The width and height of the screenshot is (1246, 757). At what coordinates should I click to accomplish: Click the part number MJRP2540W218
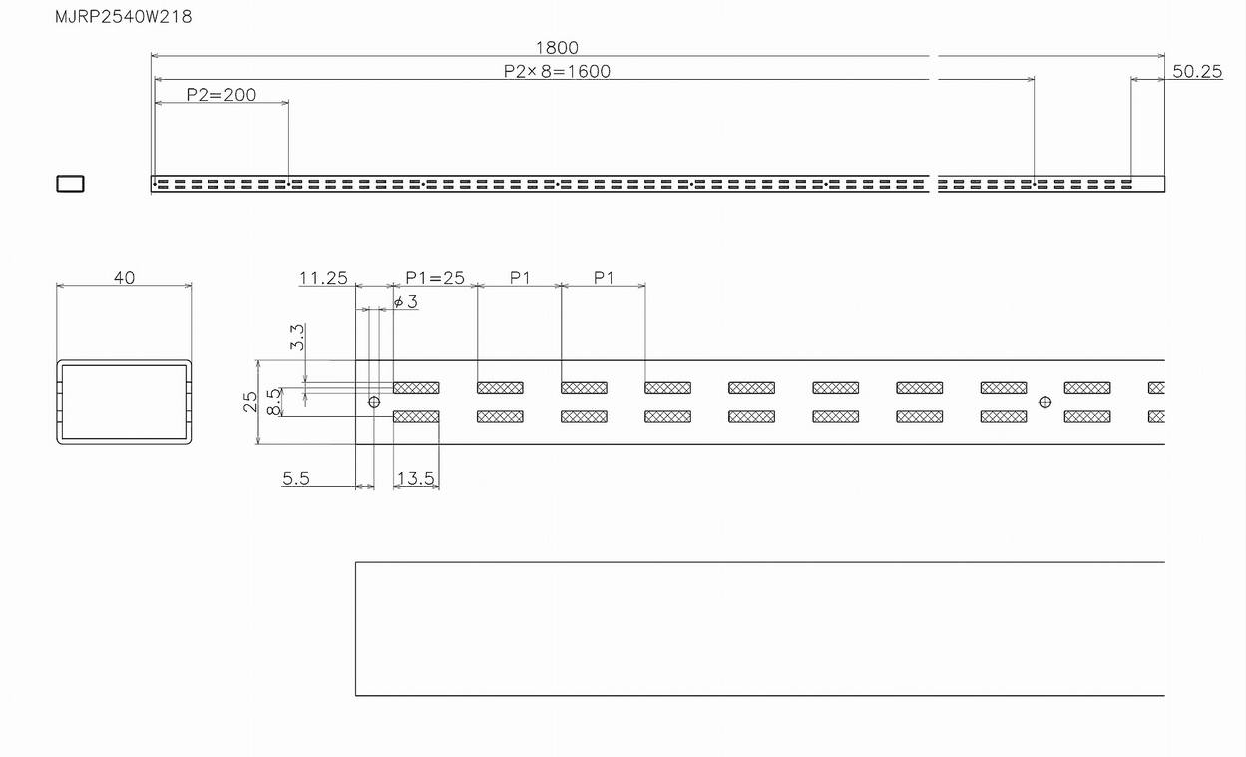(x=124, y=17)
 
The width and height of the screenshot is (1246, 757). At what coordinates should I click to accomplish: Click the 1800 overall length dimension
(x=557, y=47)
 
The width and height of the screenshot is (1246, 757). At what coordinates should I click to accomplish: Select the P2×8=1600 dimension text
(x=557, y=71)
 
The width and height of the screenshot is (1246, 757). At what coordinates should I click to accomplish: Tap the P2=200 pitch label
(x=221, y=95)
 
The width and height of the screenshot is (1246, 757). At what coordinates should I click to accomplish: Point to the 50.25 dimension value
(x=1197, y=71)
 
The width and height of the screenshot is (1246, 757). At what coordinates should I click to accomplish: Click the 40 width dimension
(x=124, y=277)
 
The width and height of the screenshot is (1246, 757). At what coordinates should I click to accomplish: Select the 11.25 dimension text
(x=323, y=277)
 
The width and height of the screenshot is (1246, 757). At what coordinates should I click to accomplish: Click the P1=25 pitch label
(x=435, y=277)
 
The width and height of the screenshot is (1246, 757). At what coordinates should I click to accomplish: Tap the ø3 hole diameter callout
(x=405, y=301)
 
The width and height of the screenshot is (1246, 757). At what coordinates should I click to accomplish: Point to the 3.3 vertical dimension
(x=297, y=337)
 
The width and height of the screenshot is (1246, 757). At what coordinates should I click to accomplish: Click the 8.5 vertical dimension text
(x=273, y=402)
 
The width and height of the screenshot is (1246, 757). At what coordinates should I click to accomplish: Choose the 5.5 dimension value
(x=296, y=478)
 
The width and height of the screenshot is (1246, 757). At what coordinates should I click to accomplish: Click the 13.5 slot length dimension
(x=416, y=478)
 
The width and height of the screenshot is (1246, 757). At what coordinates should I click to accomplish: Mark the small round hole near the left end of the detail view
(x=374, y=402)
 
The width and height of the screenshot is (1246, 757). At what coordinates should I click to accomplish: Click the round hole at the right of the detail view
(x=1045, y=402)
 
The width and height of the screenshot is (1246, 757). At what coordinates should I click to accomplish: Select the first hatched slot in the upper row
(x=416, y=388)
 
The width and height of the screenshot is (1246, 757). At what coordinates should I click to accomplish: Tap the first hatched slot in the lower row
(x=416, y=416)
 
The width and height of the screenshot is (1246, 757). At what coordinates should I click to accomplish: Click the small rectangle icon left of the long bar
(x=70, y=184)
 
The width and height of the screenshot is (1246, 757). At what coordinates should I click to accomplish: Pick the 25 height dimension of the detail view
(x=250, y=402)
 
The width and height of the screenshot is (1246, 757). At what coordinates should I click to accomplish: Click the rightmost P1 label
(x=604, y=277)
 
